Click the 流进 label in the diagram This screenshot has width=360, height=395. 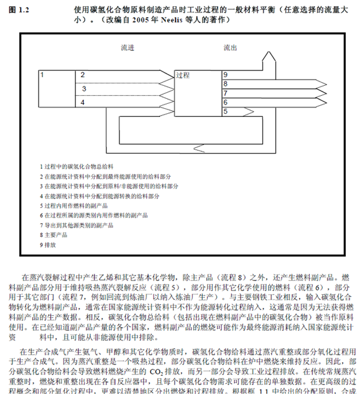[x=127, y=48]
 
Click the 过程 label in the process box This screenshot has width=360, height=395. [x=183, y=75]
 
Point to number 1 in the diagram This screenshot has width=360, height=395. [x=42, y=75]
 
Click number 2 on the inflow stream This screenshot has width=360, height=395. [x=82, y=75]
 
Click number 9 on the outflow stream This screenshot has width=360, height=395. [x=226, y=75]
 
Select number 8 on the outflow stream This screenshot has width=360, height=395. [x=226, y=84]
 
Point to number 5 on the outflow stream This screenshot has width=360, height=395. [x=226, y=111]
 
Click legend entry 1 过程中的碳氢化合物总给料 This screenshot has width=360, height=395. [x=78, y=166]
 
